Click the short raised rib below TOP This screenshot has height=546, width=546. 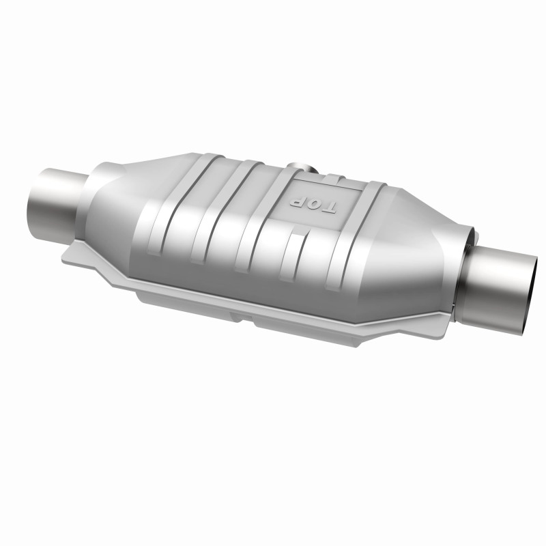pyautogui.click(x=293, y=256)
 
